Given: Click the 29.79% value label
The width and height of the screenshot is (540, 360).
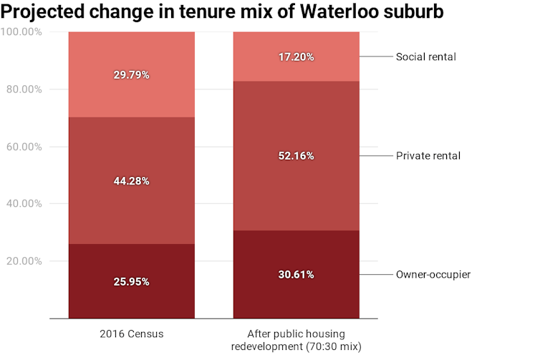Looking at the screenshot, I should (x=131, y=74).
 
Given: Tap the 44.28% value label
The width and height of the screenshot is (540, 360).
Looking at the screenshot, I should (x=131, y=181).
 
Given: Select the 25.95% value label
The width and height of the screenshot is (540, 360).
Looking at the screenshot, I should (x=131, y=281).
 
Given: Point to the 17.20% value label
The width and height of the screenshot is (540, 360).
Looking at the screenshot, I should (x=296, y=57).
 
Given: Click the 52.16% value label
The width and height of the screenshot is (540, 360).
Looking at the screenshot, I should (x=296, y=156).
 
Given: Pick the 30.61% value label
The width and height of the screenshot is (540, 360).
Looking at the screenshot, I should (x=296, y=275).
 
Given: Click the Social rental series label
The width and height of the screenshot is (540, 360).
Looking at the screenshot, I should (x=426, y=57).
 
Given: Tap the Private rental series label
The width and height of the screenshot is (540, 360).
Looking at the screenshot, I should (x=428, y=155).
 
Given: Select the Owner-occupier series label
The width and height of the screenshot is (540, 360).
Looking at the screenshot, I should (x=433, y=275).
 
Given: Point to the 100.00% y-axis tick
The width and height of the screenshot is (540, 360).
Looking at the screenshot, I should (x=21, y=32).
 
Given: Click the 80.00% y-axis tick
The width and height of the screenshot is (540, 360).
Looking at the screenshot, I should (x=24, y=89).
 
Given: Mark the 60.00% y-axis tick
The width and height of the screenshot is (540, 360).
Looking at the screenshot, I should (x=24, y=147).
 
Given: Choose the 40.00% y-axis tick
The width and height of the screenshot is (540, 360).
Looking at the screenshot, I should (x=24, y=204).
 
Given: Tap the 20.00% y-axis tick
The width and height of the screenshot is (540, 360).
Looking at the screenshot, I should (x=24, y=261).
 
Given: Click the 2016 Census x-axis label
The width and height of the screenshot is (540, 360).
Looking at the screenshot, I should (x=131, y=334).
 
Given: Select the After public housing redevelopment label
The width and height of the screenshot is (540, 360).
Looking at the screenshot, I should (x=296, y=340).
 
